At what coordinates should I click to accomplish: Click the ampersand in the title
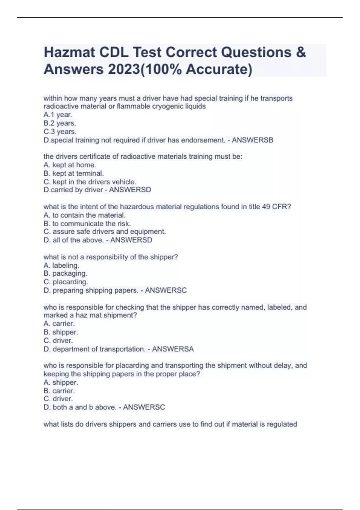pos(301,52)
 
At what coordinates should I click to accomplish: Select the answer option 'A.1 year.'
pos(58,115)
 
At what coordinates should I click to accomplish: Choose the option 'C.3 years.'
pos(60,132)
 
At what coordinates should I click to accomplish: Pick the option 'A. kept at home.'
pos(70,165)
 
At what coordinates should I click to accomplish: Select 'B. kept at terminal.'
pos(74,173)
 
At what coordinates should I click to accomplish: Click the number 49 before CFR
pos(266,207)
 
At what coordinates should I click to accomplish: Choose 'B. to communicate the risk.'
pos(87,223)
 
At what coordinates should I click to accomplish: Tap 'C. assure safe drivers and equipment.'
pos(105,232)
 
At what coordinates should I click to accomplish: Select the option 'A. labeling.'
pos(61,265)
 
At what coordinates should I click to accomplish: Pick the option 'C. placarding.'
pos(66,282)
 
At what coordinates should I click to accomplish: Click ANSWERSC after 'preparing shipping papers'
pos(166,290)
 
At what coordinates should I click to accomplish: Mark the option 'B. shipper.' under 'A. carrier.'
pos(61,332)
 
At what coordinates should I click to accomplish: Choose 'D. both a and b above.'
pos(80,407)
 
